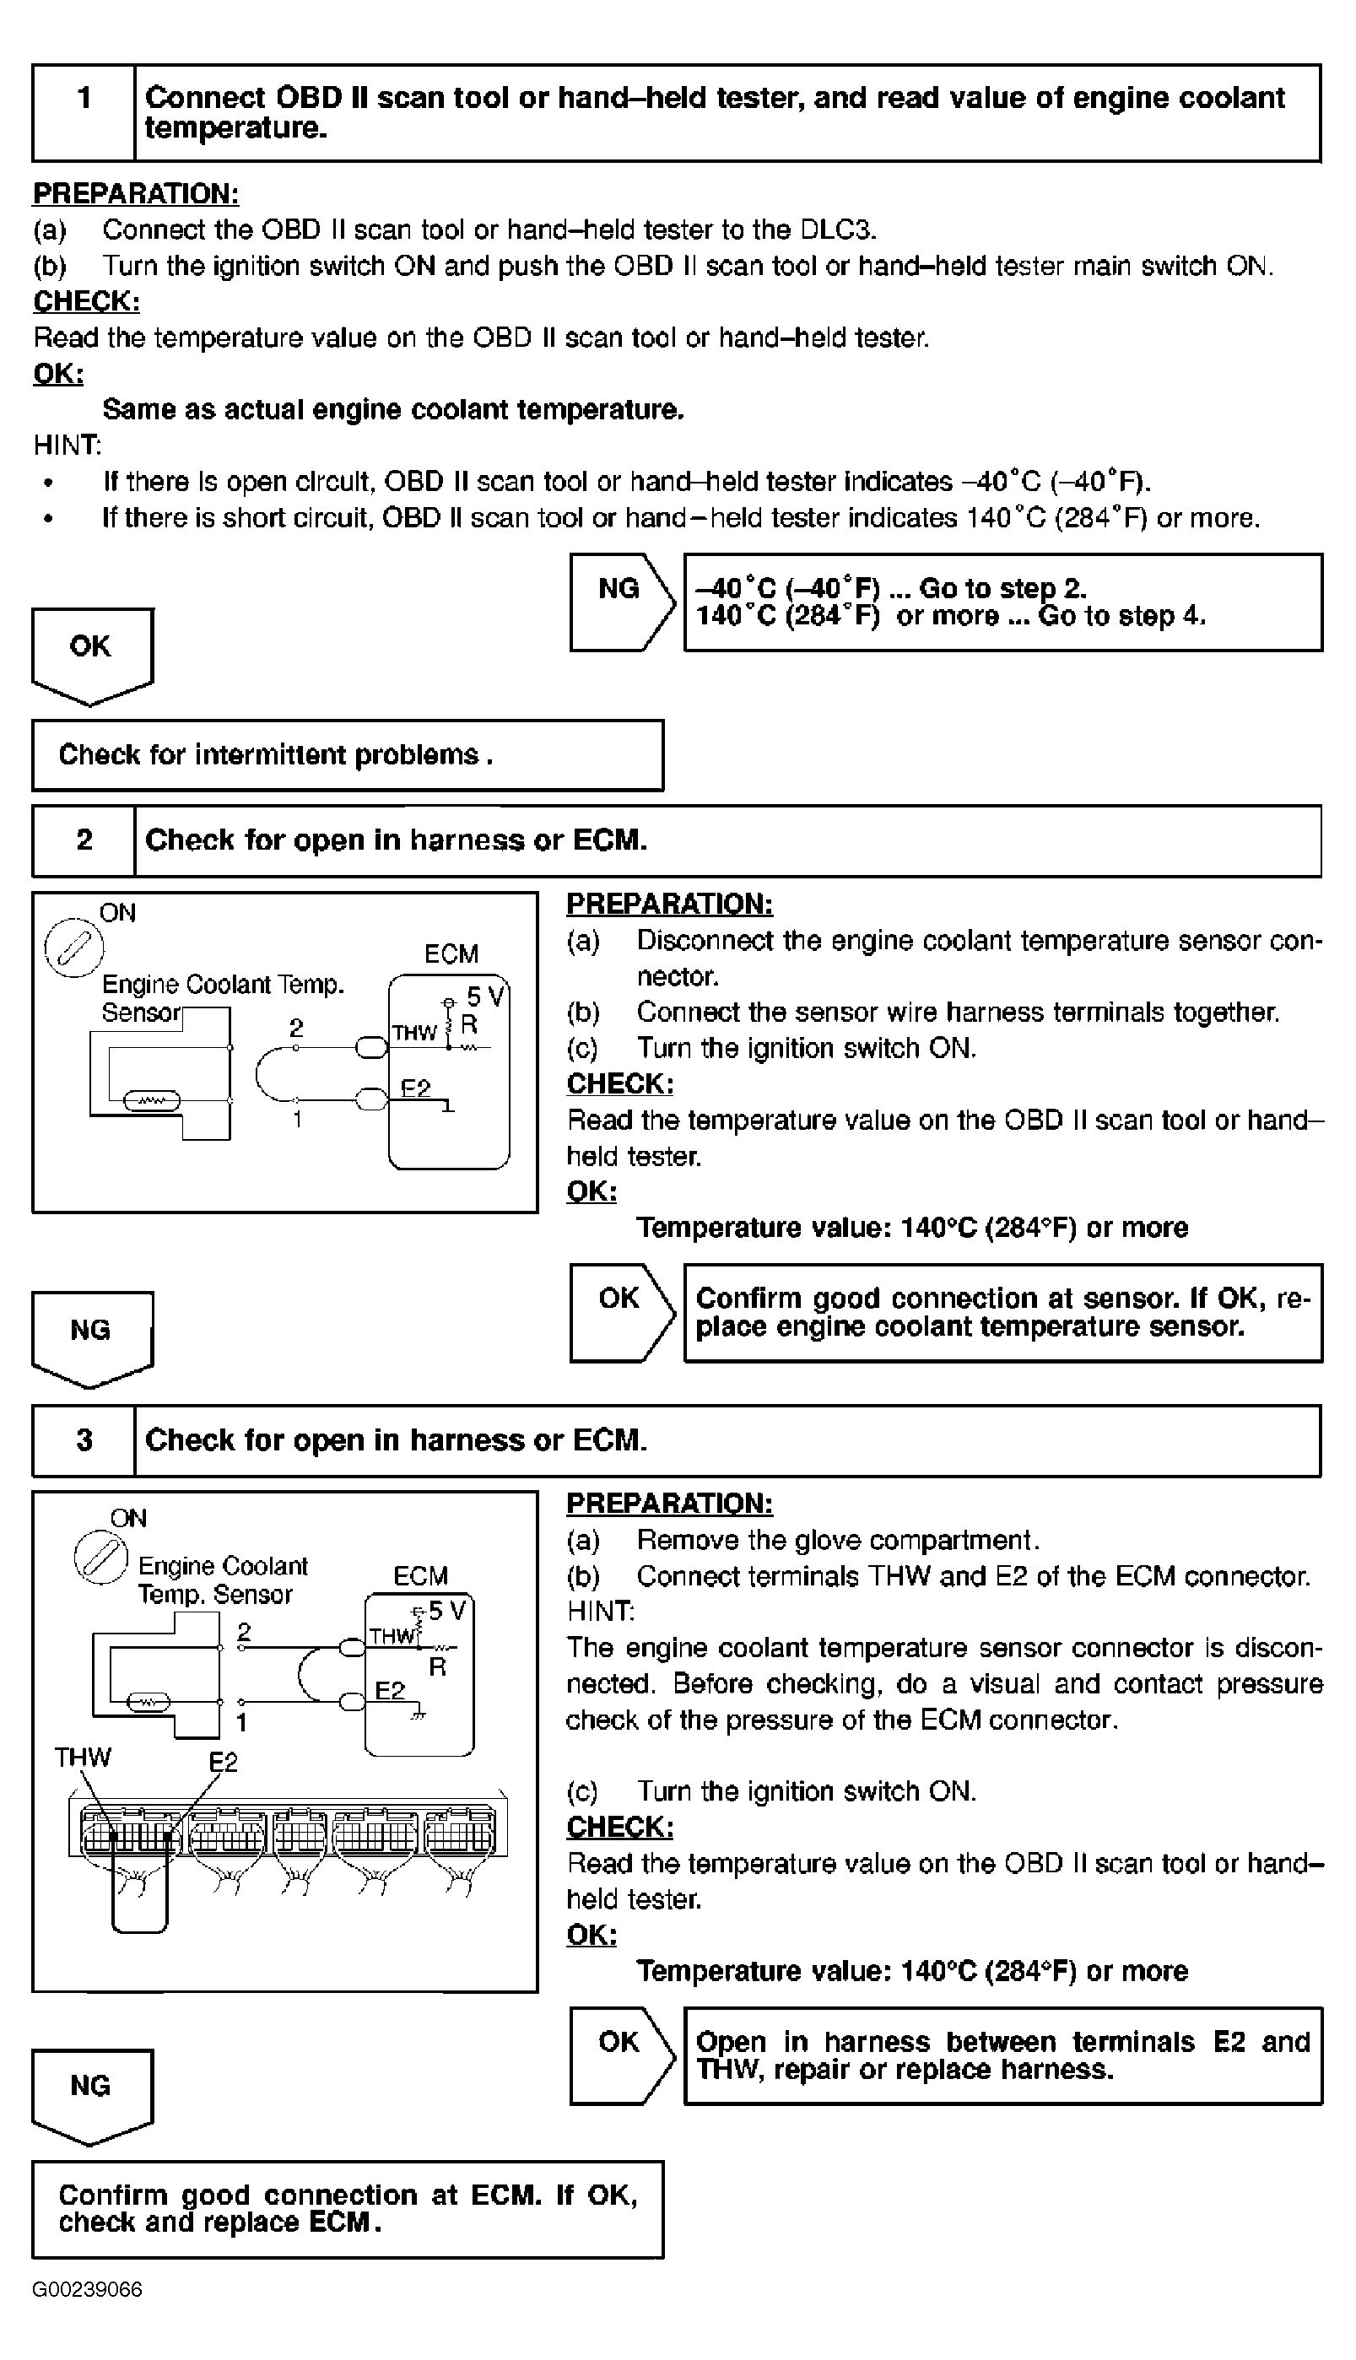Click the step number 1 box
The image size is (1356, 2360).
[x=84, y=113]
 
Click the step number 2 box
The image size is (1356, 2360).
[x=84, y=840]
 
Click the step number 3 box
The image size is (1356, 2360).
[x=84, y=1440]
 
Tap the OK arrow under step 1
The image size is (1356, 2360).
[x=92, y=656]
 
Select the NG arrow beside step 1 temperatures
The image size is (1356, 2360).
[x=622, y=602]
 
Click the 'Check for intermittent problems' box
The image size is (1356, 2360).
[x=348, y=755]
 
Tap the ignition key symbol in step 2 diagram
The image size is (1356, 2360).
[x=74, y=948]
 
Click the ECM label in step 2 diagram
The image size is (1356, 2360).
[x=451, y=954]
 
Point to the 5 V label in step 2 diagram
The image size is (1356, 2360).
[x=484, y=997]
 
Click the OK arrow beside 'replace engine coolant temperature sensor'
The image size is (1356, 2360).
[x=622, y=1313]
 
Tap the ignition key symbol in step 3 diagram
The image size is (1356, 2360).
[x=100, y=1558]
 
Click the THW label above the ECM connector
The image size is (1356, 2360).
[x=82, y=1758]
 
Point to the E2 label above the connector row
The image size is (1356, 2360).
[x=224, y=1762]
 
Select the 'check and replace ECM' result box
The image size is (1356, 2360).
[x=348, y=2209]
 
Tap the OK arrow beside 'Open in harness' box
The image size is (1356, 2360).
[x=622, y=2055]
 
